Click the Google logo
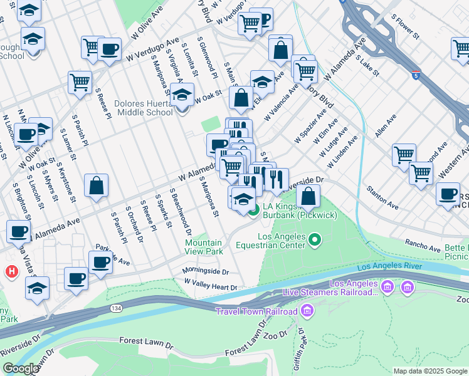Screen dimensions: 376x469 click(21, 368)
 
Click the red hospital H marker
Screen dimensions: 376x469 click(11, 272)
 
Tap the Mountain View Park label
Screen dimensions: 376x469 click(204, 247)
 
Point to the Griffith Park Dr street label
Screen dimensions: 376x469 click(302, 348)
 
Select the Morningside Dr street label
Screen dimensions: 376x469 click(206, 272)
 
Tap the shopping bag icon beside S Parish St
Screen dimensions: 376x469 click(96, 185)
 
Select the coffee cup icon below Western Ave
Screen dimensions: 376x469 click(448, 194)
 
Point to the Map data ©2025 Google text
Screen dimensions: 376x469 click(429, 371)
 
